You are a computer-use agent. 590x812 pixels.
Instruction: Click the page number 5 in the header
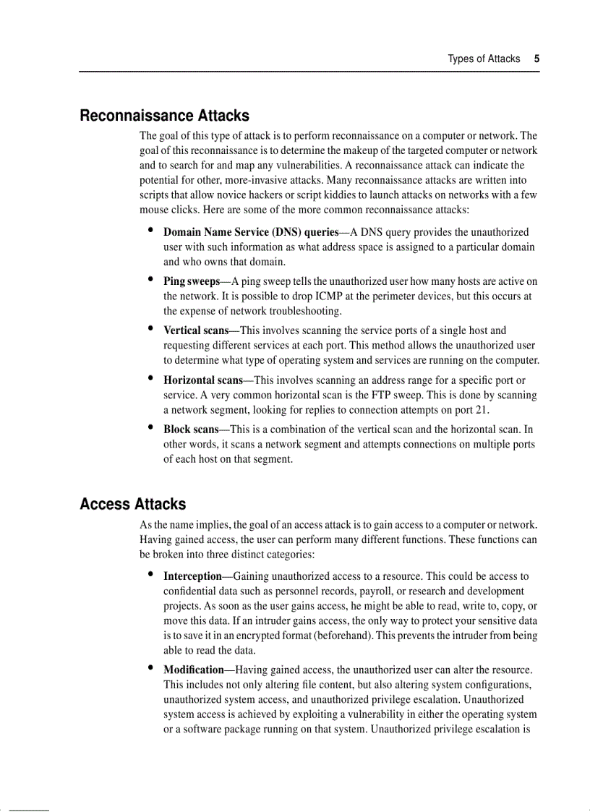[x=536, y=59]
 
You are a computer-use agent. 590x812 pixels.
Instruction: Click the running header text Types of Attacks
[x=484, y=59]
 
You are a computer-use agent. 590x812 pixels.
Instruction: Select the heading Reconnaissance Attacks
[x=164, y=116]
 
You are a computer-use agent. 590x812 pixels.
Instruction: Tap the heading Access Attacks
[x=132, y=504]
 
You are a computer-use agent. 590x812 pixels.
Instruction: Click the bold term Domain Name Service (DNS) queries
[x=250, y=232]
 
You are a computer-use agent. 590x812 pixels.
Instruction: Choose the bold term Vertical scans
[x=196, y=330]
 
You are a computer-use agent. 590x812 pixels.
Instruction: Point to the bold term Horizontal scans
[x=202, y=380]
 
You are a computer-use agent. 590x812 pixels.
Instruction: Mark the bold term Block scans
[x=191, y=429]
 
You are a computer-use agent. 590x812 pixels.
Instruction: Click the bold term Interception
[x=192, y=576]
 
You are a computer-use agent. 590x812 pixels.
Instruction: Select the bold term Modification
[x=194, y=670]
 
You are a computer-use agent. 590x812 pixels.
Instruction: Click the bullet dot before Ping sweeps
[x=150, y=280]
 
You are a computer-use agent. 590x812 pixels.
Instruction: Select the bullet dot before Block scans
[x=150, y=427]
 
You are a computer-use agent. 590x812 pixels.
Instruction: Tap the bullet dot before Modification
[x=150, y=669]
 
